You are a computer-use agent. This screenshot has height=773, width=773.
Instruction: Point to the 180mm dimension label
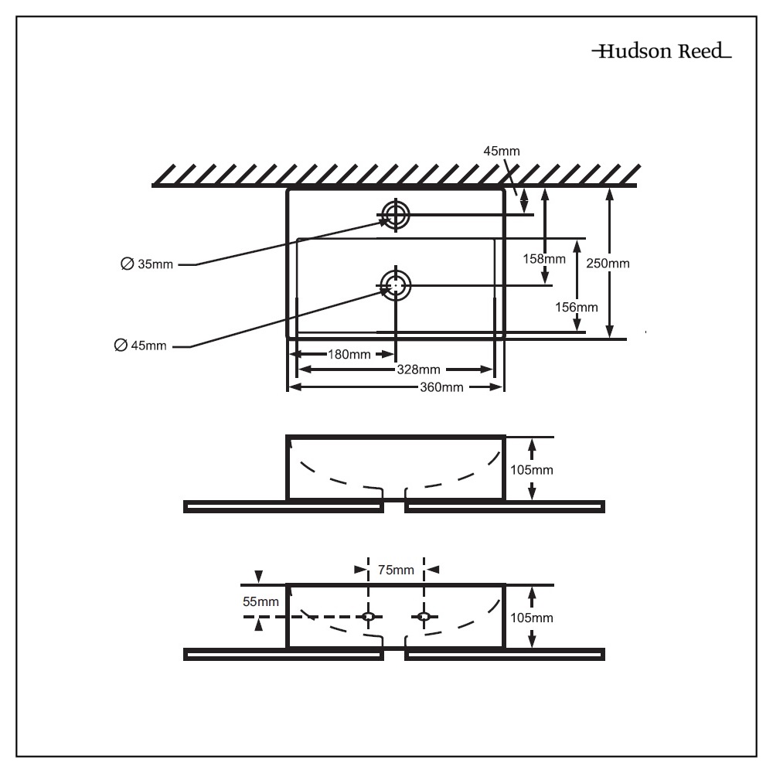coord(349,355)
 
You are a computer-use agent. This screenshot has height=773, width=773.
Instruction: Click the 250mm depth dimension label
coord(608,264)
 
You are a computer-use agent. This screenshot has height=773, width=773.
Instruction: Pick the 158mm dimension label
coord(543,258)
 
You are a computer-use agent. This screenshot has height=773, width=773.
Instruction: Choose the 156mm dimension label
coord(577,307)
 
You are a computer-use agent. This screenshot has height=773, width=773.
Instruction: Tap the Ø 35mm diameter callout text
coord(147,264)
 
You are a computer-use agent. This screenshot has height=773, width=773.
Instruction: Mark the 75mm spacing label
coord(396,570)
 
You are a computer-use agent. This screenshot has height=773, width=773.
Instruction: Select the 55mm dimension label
coord(261,601)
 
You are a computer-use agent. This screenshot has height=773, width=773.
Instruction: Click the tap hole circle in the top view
coord(395,215)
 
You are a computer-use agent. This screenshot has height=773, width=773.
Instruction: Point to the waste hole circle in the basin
coord(396,285)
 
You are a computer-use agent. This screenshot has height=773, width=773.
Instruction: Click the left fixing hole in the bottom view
coord(369,616)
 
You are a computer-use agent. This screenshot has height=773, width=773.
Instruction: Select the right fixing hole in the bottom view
coord(423,616)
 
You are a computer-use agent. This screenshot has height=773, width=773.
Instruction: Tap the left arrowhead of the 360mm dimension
coord(292,386)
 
